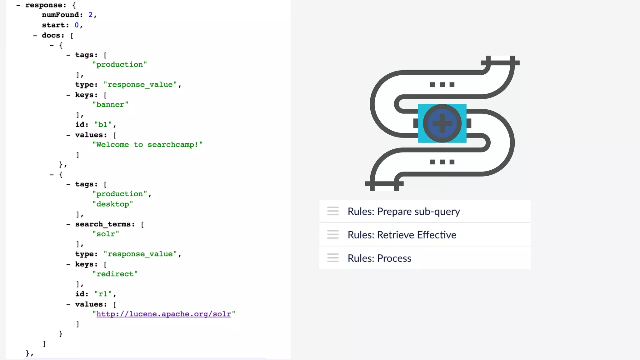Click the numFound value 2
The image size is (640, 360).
point(91,15)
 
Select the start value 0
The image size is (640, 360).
point(77,25)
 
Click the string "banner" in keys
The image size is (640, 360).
point(110,104)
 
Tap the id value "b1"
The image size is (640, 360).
point(103,124)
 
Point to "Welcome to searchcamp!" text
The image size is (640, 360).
point(147,144)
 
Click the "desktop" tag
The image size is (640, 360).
point(112,204)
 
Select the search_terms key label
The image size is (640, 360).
point(105,224)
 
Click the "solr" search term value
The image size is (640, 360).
point(106,234)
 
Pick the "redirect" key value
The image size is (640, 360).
point(115,274)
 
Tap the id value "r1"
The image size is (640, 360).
point(103,294)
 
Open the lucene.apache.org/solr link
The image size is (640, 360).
point(163,314)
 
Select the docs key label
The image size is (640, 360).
point(53,35)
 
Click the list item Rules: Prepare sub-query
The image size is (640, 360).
point(403,212)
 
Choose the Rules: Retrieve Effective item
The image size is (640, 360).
point(402,235)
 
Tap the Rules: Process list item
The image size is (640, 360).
point(379,258)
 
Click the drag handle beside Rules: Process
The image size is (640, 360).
point(333,258)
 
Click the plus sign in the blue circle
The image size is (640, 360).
point(442,123)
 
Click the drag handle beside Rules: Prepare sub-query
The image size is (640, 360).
point(333,211)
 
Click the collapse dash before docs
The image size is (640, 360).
point(35,36)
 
